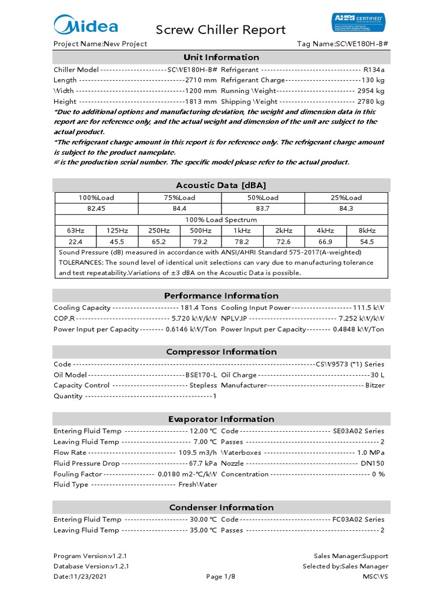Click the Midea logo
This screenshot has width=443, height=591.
[x=86, y=25]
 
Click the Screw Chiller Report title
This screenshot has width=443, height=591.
[x=221, y=30]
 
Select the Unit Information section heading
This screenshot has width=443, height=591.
[x=221, y=57]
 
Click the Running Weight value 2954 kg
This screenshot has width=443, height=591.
[x=370, y=91]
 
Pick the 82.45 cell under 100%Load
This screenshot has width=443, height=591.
[x=96, y=208]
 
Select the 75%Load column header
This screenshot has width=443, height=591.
[x=179, y=197]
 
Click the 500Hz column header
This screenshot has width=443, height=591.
[x=200, y=231]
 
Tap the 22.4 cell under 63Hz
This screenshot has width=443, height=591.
[x=76, y=242]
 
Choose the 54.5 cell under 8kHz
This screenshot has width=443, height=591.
[x=367, y=242]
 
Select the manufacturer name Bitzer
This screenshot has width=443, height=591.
[x=374, y=385]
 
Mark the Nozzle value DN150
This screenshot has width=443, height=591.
[x=373, y=463]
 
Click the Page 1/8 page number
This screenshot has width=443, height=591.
[x=221, y=577]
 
